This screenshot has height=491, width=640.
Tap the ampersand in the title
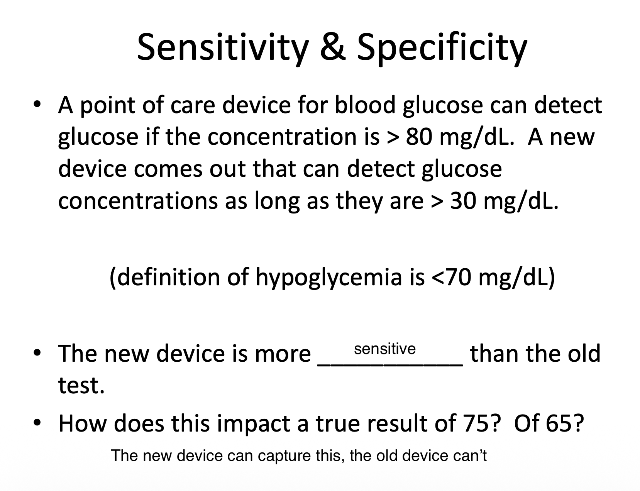(x=332, y=47)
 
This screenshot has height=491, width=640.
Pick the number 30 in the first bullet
(x=463, y=201)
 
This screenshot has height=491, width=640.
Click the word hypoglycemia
(x=329, y=278)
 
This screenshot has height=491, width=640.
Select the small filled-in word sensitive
(x=384, y=349)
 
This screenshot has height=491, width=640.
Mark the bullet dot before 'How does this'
(x=37, y=423)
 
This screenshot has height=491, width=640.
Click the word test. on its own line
(x=81, y=385)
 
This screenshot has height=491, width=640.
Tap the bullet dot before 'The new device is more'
(x=37, y=353)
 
